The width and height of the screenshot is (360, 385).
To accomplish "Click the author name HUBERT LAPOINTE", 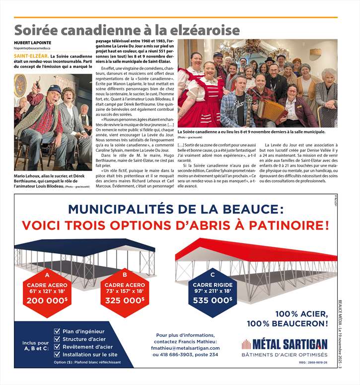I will pos(33,43).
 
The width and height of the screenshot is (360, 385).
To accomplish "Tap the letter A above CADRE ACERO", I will pos(47,274).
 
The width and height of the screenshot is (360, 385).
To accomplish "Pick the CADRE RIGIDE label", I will pos(213,284).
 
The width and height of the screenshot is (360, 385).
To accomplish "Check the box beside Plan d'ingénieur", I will pos(58,331).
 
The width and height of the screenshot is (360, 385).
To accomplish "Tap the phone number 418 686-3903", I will pos(174,355).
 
